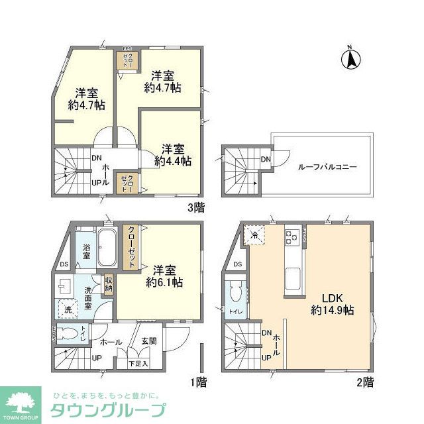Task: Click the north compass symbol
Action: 351,60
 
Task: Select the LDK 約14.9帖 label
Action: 329,303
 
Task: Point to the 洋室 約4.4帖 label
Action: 173,154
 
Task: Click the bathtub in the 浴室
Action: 107,247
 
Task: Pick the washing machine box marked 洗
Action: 68,309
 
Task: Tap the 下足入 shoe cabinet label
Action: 138,363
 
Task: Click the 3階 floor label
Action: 196,207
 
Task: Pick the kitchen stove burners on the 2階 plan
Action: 292,236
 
